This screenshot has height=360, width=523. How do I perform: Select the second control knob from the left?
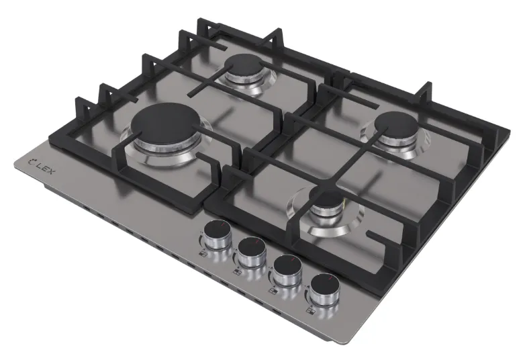coord(252,253)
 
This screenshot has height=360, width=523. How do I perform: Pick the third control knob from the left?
coord(287,269)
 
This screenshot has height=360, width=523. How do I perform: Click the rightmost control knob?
coord(324,289)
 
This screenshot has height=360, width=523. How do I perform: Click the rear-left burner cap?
coord(245,64)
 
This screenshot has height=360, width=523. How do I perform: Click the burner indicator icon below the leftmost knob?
coord(203,255)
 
